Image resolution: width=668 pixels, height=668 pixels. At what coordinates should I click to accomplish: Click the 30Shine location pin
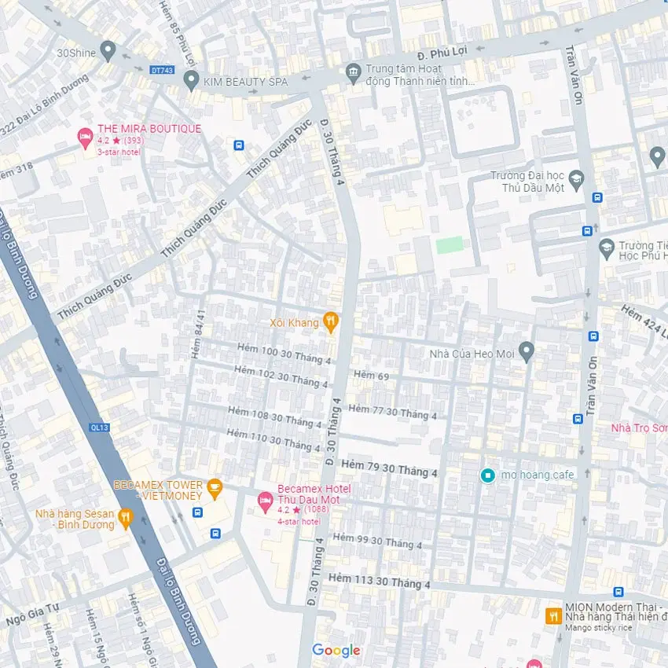pyautogui.click(x=108, y=51)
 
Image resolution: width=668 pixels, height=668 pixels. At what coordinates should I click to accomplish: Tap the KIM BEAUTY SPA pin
pyautogui.click(x=190, y=79)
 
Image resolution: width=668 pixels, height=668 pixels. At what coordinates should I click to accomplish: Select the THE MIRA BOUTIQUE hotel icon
pyautogui.click(x=85, y=138)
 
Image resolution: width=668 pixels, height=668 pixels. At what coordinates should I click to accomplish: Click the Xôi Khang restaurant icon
pyautogui.click(x=331, y=321)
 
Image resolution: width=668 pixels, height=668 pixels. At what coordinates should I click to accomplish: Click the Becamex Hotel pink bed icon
pyautogui.click(x=266, y=499)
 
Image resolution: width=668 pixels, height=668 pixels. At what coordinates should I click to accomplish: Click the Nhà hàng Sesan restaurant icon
pyautogui.click(x=125, y=517)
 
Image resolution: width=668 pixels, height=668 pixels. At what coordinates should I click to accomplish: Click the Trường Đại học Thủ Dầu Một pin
pyautogui.click(x=577, y=179)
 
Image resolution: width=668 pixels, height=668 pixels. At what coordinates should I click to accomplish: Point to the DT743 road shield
pyautogui.click(x=161, y=70)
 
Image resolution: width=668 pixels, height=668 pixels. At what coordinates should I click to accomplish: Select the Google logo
pyautogui.click(x=336, y=650)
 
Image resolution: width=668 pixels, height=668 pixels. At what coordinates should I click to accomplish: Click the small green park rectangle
pyautogui.click(x=450, y=244)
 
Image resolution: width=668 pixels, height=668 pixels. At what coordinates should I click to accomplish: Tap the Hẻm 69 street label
pyautogui.click(x=371, y=376)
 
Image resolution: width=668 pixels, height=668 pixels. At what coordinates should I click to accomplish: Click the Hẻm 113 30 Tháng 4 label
pyautogui.click(x=380, y=581)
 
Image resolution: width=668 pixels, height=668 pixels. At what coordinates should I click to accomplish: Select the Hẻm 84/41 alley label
pyautogui.click(x=199, y=334)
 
